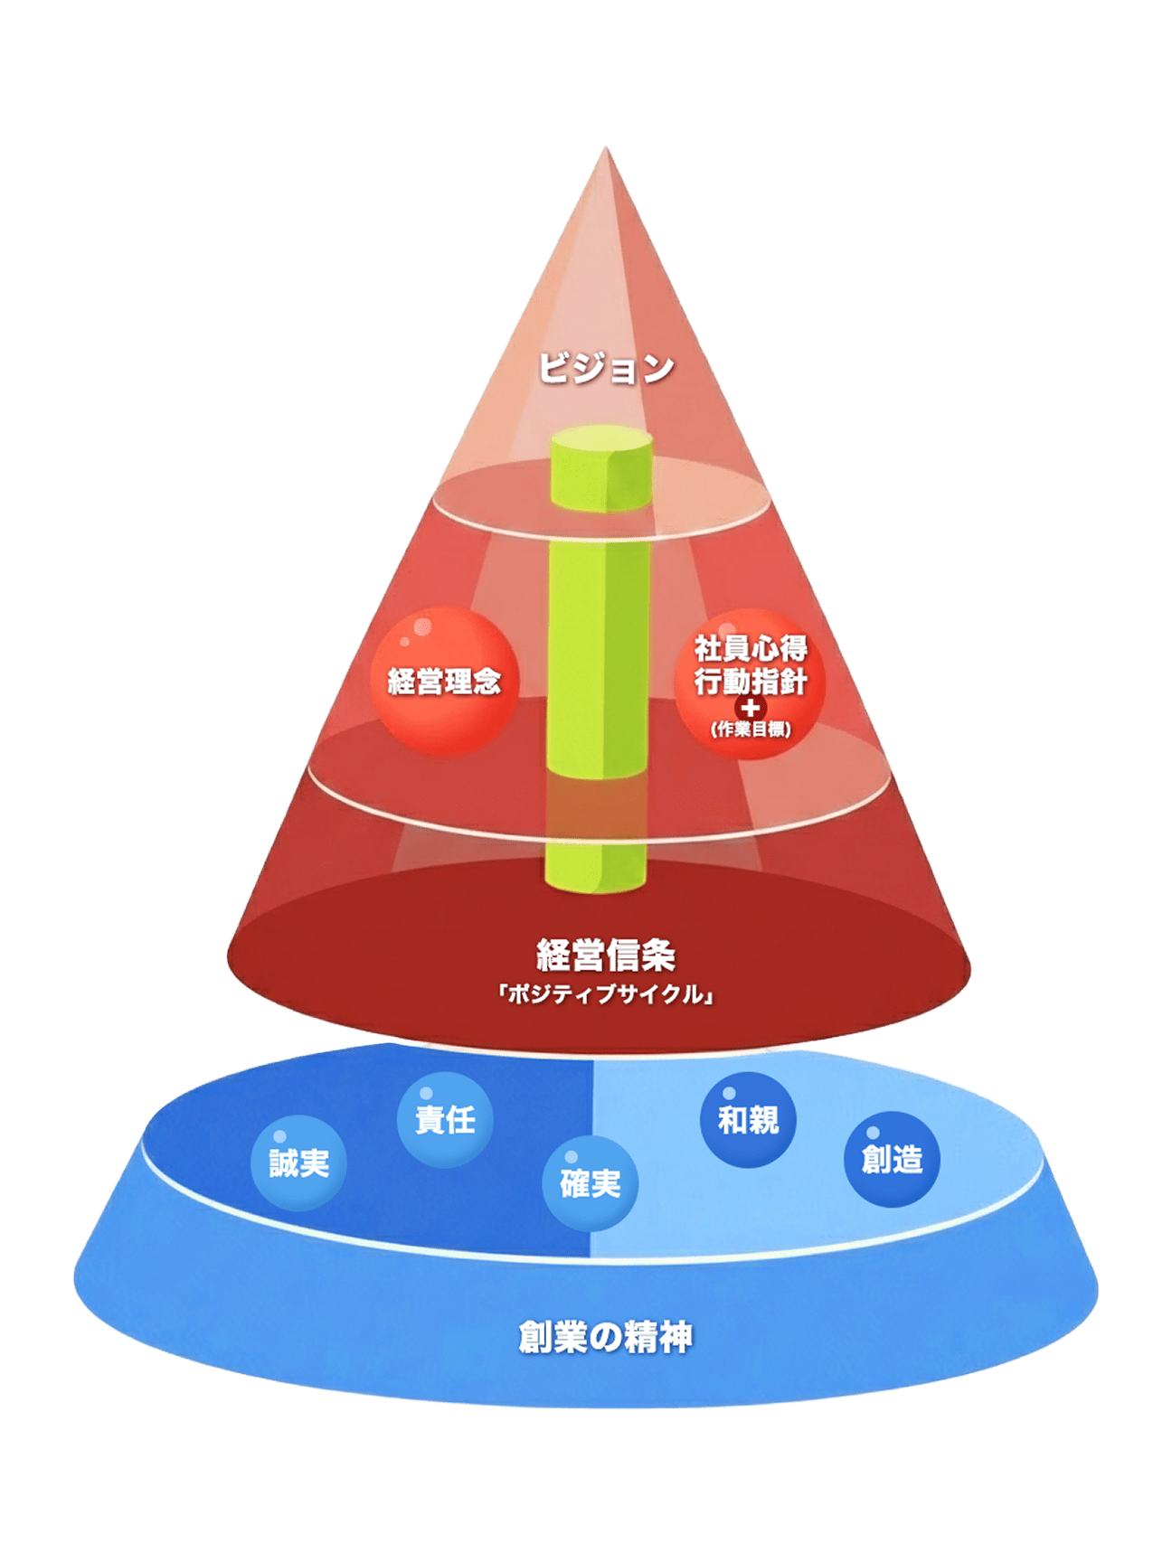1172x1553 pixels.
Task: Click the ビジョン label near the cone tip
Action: [606, 368]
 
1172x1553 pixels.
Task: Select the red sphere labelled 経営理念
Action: [444, 681]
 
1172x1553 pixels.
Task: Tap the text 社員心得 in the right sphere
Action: [751, 648]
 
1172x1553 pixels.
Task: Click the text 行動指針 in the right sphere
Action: [751, 681]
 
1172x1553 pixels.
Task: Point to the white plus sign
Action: [750, 707]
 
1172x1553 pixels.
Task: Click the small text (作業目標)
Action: [751, 729]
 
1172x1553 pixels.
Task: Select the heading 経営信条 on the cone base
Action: [606, 955]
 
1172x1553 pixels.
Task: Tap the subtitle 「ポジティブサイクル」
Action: [606, 994]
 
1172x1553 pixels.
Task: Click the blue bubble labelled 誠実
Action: [298, 1163]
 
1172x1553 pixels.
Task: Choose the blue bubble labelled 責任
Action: [445, 1120]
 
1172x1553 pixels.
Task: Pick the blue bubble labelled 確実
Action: [590, 1183]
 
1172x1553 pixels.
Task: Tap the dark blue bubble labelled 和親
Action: [748, 1120]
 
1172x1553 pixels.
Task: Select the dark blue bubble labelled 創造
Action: [892, 1159]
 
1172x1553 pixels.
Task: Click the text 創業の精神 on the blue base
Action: [606, 1338]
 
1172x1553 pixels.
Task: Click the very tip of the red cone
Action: [604, 150]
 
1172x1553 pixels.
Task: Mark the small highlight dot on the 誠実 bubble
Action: [279, 1136]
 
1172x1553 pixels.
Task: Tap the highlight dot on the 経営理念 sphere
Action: [406, 640]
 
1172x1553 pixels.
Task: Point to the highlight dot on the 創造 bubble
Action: [873, 1133]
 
